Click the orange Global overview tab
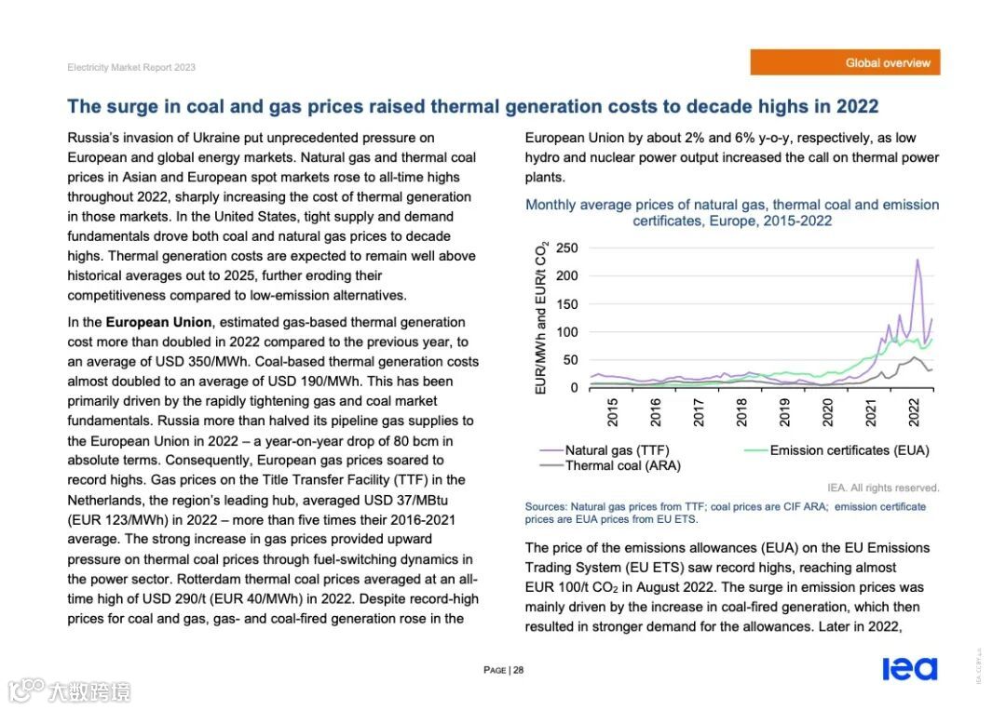(845, 63)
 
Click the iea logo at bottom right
(909, 668)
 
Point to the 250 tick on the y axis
(566, 248)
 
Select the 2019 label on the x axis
(785, 411)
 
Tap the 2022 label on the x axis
(914, 411)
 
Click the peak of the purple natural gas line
(918, 260)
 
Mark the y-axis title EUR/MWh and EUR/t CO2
(541, 316)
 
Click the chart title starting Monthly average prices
(732, 212)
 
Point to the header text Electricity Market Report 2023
(131, 68)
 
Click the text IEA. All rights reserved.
(883, 488)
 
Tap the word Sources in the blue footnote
(545, 506)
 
